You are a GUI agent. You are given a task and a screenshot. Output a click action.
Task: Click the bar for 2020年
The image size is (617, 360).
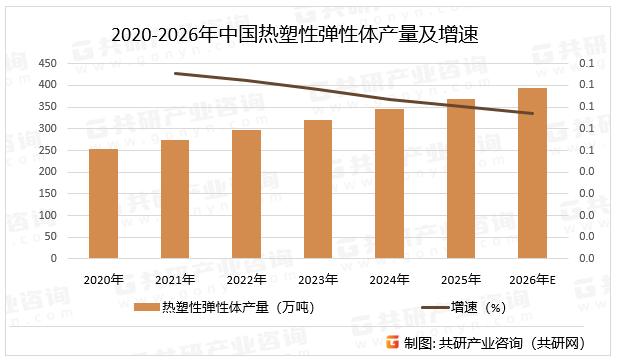coord(103,203)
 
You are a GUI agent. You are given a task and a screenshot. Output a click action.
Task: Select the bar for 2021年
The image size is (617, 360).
coord(175,198)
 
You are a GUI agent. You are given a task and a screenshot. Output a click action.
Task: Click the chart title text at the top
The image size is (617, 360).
coord(296,36)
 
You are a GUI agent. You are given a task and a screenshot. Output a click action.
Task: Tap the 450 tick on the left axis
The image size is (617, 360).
coord(45,63)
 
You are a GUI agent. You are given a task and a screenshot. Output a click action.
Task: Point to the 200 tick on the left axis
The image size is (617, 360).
coord(45,171)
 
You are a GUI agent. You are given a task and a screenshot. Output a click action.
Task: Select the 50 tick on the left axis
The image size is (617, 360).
coord(48,236)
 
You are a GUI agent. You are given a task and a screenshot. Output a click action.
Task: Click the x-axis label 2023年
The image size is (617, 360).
coord(318,279)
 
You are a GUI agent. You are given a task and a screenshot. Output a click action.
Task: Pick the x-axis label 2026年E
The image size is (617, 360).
coord(533,279)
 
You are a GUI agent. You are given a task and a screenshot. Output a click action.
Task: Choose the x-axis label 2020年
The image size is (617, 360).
coord(103,279)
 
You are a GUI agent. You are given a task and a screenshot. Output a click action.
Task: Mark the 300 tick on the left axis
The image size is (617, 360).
coord(45,128)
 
